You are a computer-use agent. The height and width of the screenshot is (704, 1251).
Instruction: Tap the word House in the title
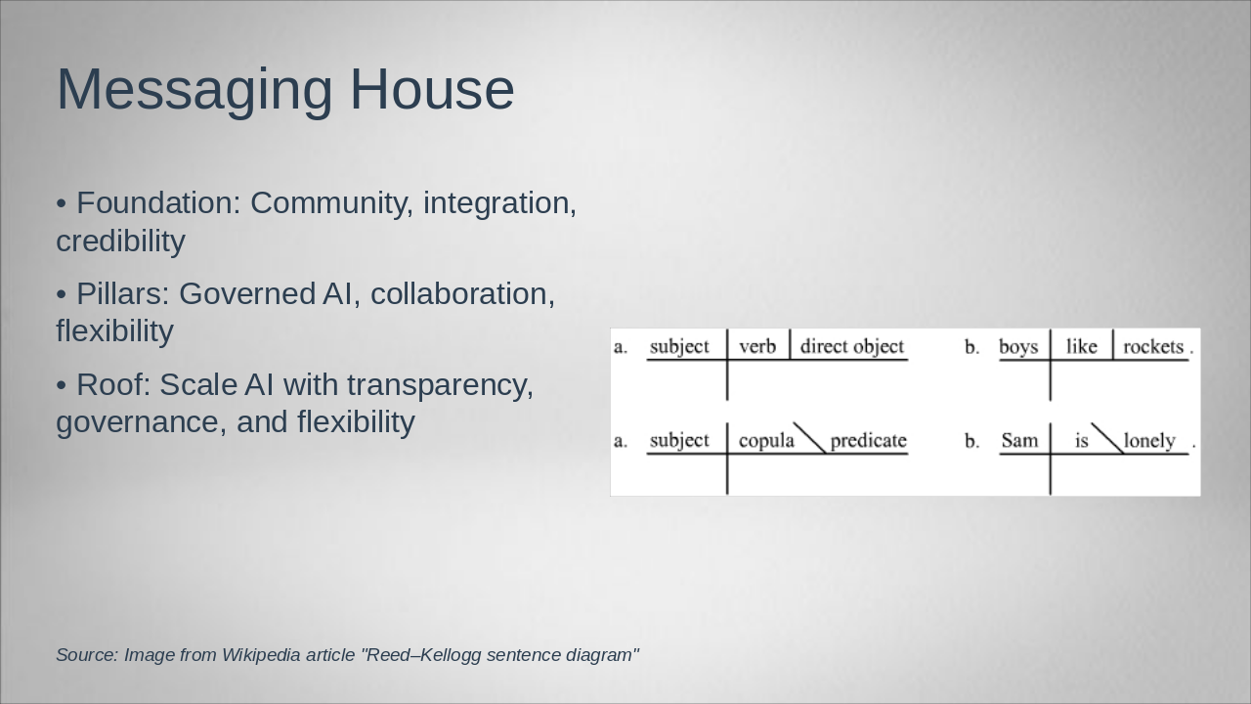tap(432, 89)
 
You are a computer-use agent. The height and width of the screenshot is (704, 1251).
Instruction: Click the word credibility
tap(120, 242)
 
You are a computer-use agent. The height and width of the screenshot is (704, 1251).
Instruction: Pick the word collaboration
tap(462, 294)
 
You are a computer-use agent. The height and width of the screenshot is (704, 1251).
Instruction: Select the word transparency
tap(440, 385)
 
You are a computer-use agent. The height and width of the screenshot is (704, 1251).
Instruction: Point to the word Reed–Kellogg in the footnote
tap(422, 655)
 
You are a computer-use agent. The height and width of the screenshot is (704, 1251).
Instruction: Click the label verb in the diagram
tap(757, 347)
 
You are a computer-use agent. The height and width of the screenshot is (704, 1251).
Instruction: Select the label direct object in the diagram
tap(851, 347)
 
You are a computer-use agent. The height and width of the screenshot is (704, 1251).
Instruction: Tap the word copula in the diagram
tap(766, 441)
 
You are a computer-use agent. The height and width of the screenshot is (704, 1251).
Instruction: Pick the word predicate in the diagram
tap(868, 441)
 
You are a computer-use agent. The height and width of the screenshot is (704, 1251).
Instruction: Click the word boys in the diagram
tap(1018, 347)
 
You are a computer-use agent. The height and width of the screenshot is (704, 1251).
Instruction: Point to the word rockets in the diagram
tap(1153, 347)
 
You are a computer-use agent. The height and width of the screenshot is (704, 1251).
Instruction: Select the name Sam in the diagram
tap(1019, 440)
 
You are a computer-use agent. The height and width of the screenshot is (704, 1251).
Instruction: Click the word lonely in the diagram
tap(1149, 441)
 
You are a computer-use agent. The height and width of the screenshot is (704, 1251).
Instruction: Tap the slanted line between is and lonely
tap(1108, 439)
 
